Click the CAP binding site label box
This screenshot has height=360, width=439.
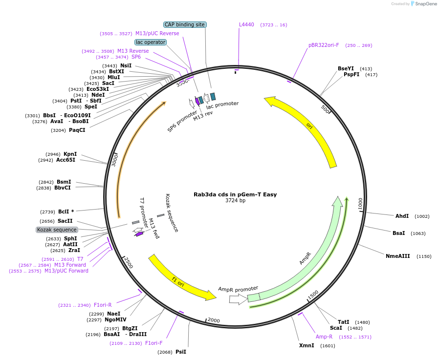(x=185, y=24)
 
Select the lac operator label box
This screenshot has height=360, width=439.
(x=151, y=42)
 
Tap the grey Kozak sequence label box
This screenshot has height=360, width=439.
(x=57, y=230)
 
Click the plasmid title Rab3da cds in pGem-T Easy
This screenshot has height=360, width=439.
(x=235, y=194)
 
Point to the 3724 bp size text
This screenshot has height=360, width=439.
(x=235, y=201)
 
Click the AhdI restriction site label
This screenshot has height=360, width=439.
(x=402, y=216)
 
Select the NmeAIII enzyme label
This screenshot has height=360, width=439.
(x=397, y=256)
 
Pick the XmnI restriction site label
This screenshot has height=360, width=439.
(x=307, y=346)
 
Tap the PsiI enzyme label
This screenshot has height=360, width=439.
(x=181, y=352)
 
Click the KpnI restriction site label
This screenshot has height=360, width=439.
(x=70, y=154)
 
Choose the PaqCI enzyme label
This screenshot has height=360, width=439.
(x=77, y=130)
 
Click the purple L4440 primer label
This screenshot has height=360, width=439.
(x=246, y=24)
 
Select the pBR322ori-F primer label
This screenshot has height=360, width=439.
(x=324, y=45)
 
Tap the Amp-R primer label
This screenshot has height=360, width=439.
(x=324, y=337)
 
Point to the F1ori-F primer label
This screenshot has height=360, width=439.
(x=154, y=343)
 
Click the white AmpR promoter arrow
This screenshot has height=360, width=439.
(x=238, y=299)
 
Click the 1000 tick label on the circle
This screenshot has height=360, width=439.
(x=360, y=204)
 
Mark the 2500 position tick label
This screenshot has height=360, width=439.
(x=128, y=262)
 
